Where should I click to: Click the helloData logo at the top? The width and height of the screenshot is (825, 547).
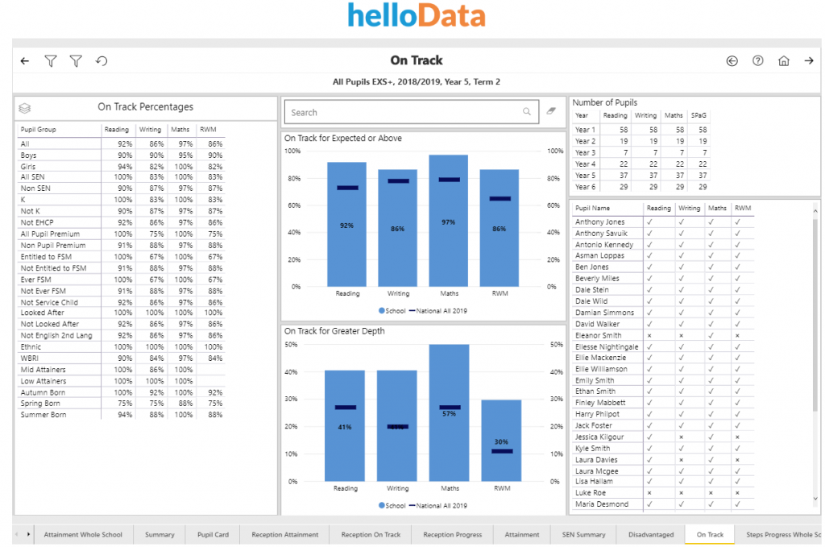(417, 16)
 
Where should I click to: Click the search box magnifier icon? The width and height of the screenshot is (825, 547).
(527, 112)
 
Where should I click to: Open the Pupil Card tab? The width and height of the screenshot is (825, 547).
(214, 534)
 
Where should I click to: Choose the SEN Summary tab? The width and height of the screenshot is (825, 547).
(583, 534)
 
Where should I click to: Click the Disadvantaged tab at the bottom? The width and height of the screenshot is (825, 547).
(651, 534)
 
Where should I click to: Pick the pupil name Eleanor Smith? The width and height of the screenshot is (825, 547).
(598, 335)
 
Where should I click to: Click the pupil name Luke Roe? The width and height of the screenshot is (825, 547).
(590, 493)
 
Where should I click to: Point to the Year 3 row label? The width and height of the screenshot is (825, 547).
(586, 152)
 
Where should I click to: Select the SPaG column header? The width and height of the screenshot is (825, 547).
(699, 115)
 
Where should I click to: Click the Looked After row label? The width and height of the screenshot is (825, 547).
(43, 312)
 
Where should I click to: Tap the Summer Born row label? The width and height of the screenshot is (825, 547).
(44, 415)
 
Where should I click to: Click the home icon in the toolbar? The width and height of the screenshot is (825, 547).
(783, 60)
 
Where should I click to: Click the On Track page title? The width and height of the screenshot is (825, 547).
(417, 60)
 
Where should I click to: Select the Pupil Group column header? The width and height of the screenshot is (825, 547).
(39, 130)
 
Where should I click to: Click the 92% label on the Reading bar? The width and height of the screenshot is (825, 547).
(346, 226)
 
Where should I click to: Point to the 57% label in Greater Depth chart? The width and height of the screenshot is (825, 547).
(449, 413)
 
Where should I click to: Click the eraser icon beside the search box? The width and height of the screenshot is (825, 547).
(551, 112)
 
